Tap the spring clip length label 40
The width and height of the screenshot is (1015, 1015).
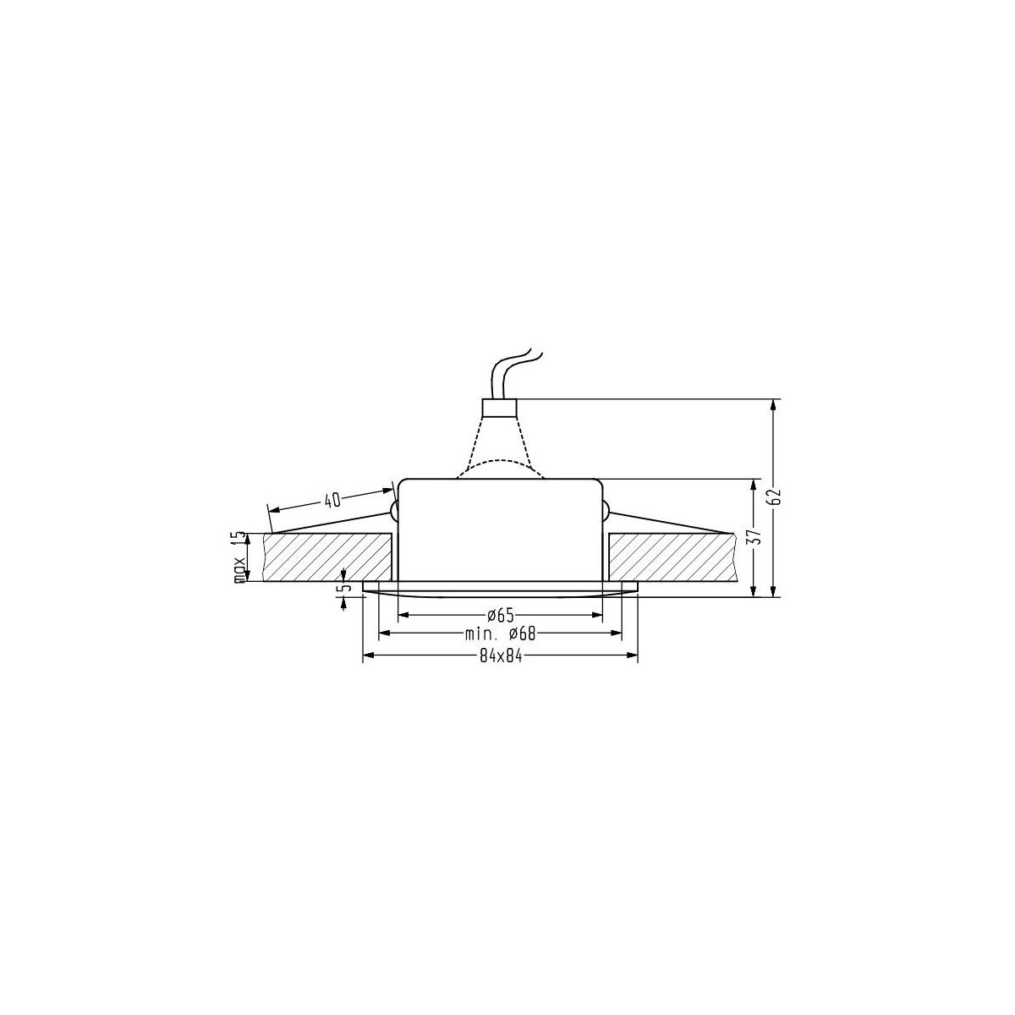pos(332,500)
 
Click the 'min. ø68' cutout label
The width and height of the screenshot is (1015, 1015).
pos(501,634)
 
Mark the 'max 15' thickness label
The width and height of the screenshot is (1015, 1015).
pos(239,557)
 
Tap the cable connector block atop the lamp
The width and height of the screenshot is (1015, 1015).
pos(498,407)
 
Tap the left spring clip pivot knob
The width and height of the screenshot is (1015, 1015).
pos(393,510)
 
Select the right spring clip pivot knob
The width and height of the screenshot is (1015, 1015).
pos(606,510)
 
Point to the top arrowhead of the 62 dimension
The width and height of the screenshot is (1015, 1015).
pos(773,405)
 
